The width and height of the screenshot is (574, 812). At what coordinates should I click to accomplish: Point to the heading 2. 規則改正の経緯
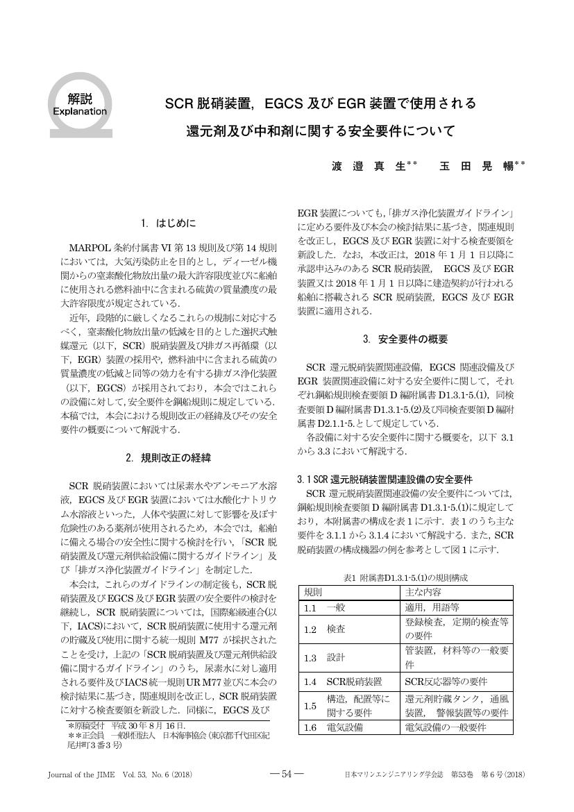(169, 458)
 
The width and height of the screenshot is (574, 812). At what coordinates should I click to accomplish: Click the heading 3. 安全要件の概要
(405, 339)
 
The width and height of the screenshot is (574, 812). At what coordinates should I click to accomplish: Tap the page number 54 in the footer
(286, 775)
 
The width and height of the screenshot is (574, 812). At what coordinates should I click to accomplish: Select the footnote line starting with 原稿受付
(118, 725)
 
